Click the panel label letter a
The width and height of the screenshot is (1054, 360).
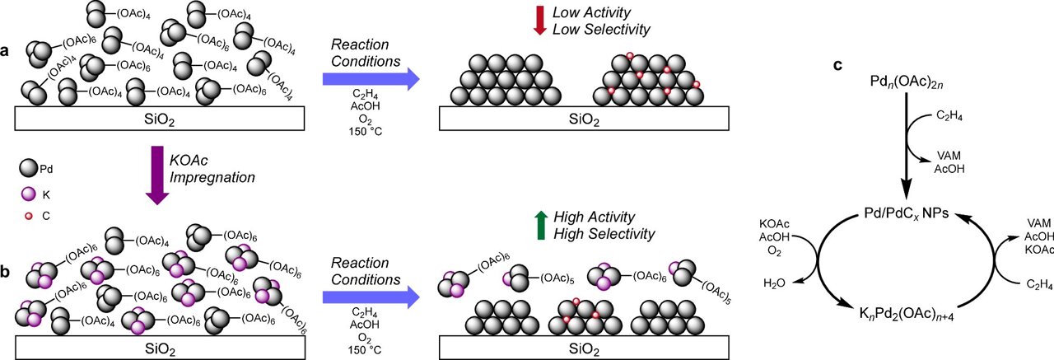tap(7, 52)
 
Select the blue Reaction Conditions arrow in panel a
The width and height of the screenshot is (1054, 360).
tap(371, 79)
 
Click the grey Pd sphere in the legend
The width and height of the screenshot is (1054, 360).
tap(28, 167)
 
